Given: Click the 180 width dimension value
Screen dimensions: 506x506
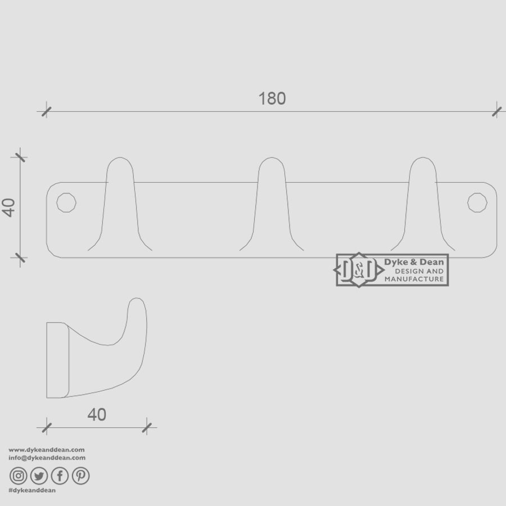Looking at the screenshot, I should [x=272, y=99].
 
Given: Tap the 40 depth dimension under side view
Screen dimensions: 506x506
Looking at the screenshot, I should [x=97, y=415].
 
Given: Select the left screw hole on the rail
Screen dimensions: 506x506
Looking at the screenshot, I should [x=66, y=202].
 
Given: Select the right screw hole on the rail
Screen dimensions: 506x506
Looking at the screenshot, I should [x=477, y=202].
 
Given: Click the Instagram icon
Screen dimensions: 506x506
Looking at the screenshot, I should [x=19, y=476].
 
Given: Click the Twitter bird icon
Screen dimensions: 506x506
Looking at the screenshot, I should [x=39, y=476].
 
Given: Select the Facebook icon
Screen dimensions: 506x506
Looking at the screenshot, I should [x=60, y=476].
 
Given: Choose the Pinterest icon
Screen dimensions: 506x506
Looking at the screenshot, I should [x=80, y=476].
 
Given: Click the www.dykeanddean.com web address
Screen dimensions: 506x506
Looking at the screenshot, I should [x=47, y=450].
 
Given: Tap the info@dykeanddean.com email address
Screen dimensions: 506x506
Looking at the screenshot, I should [x=47, y=458].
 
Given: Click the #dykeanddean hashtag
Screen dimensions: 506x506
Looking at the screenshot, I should [x=32, y=490].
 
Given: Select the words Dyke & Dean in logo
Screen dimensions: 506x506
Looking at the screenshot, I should [x=414, y=262].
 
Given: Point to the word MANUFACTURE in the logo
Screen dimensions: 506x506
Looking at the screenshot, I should [x=414, y=279].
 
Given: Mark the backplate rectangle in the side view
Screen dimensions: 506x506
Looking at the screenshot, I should [x=57, y=360].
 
